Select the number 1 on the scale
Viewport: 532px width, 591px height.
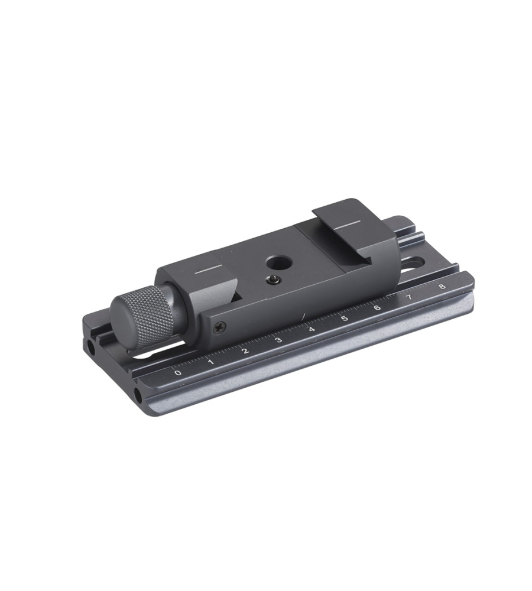pos(211,361)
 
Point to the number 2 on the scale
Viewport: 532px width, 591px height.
pos(245,350)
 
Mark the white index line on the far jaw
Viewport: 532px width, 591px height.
pos(348,225)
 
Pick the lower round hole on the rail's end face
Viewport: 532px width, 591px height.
pos(138,394)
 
